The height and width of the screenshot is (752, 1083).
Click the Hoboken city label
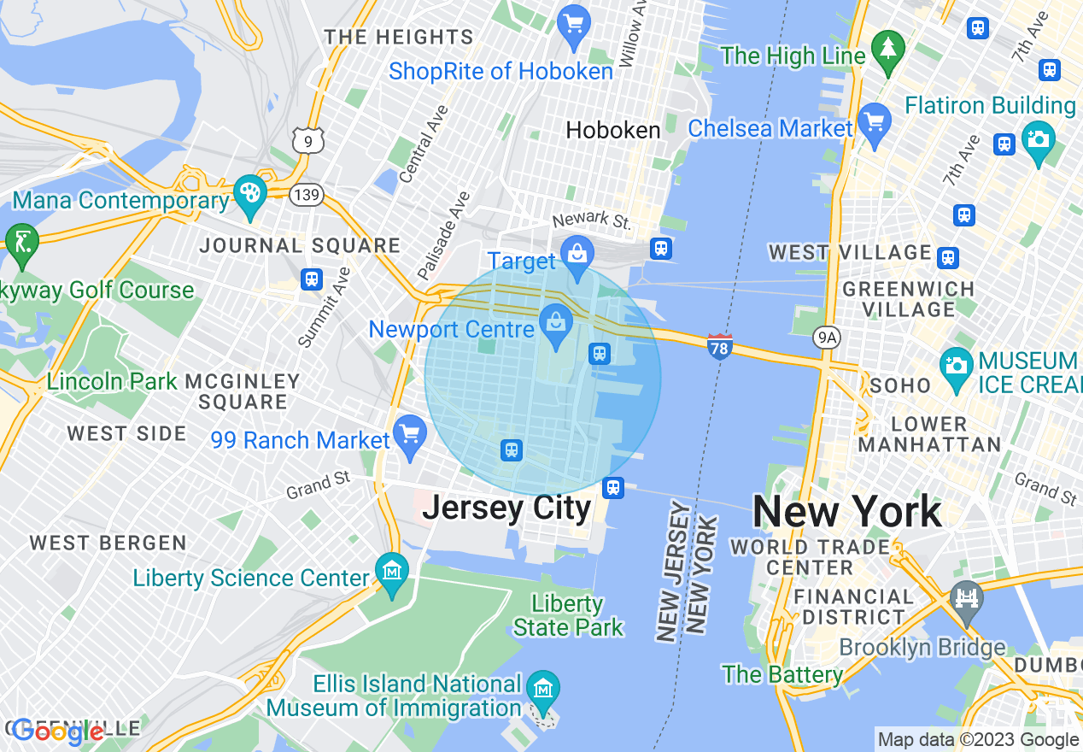point(613,130)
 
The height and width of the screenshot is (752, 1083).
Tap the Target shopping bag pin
point(578,254)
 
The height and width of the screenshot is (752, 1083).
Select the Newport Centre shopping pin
point(556,324)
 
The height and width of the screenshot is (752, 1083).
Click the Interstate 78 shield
point(720,346)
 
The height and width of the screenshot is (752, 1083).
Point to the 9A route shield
point(826,338)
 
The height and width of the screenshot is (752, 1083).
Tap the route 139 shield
point(305,196)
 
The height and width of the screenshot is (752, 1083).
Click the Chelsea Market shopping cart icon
point(874,121)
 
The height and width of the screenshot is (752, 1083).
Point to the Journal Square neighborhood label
point(300,246)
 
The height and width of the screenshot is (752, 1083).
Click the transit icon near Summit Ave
point(312,279)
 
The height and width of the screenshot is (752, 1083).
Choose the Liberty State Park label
point(569,615)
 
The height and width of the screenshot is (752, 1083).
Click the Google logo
point(58,731)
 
